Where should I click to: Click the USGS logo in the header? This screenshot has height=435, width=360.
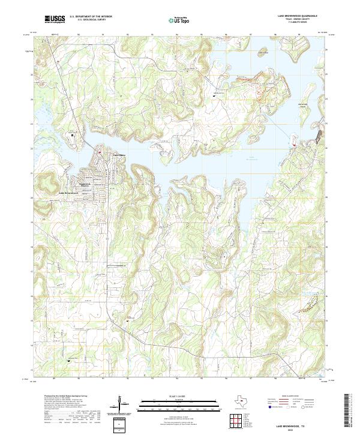coord(55,19)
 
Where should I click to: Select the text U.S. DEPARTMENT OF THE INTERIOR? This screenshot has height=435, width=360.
coord(91,16)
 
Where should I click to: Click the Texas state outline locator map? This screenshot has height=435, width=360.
coord(242,402)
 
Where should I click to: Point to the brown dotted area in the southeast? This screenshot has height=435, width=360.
coord(307,303)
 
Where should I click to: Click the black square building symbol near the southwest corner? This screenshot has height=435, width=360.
coord(68,361)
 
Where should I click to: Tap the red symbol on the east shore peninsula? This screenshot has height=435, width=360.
coord(293,143)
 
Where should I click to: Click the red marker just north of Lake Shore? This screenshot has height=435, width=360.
coord(100,152)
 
